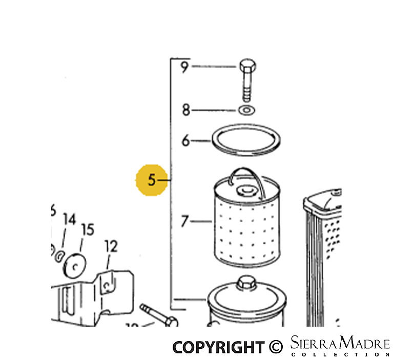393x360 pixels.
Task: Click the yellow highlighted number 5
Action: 151,180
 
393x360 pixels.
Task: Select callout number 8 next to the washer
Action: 185,110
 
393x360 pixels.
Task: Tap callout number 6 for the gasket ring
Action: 185,140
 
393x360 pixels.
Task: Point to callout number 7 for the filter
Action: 185,221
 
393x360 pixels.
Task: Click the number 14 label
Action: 69,220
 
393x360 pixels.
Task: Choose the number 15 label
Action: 88,229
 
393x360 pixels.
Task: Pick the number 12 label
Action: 111,246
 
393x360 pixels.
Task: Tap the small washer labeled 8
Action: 245,110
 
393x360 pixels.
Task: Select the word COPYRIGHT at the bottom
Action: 219,347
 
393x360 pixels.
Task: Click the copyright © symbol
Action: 275,347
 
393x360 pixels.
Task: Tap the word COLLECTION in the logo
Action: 340,354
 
